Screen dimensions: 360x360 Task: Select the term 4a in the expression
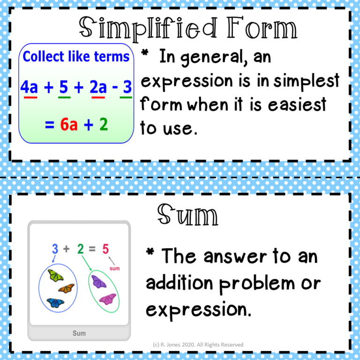pos(29,87)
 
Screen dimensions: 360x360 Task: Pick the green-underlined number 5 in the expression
pos(64,87)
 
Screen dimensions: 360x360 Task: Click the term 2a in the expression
pos(98,87)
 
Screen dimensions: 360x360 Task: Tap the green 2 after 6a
pos(103,125)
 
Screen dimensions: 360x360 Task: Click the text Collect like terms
pos(76,57)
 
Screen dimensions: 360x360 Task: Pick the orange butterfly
pos(66,288)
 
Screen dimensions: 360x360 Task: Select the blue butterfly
pos(55,303)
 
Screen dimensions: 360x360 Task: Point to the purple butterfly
pos(99,281)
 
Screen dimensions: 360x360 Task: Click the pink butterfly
pos(108,298)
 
